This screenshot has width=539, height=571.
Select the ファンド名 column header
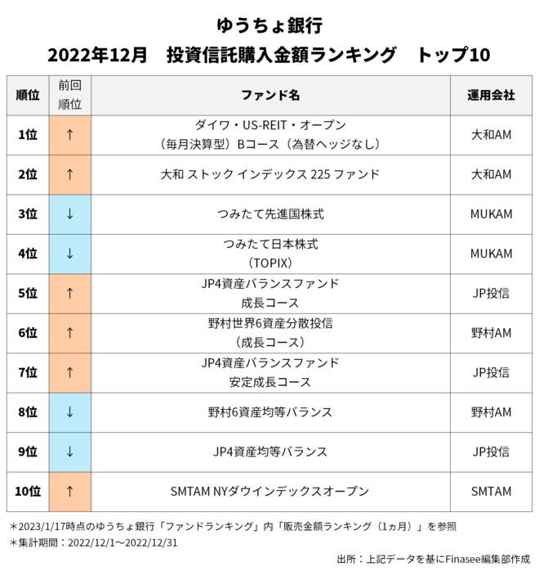pos(270,95)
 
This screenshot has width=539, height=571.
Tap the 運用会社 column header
pos(491,95)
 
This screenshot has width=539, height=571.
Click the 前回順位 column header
pos(70,95)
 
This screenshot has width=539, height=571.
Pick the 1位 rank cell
pos(28,135)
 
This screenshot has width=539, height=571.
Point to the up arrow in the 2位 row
pos(70,174)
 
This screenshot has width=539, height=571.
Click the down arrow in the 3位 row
pos(70,214)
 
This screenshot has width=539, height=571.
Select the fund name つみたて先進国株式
pos(270,214)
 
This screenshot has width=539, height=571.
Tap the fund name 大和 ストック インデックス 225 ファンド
pos(270,174)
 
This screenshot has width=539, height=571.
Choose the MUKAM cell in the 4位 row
pos(491,254)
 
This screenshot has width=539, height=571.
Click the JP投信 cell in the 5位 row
pos(491,293)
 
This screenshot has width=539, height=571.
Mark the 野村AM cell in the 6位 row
pos(491,333)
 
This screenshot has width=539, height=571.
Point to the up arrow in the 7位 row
pos(70,372)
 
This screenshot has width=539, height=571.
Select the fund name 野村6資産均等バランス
pos(270,411)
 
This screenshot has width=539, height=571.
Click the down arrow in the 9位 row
pos(70,452)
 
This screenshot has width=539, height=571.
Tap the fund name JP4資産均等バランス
pos(270,452)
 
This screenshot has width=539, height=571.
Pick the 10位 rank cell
pos(28,492)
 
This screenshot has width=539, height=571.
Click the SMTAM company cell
pos(491,492)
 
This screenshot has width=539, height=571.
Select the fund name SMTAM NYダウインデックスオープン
pos(270,492)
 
